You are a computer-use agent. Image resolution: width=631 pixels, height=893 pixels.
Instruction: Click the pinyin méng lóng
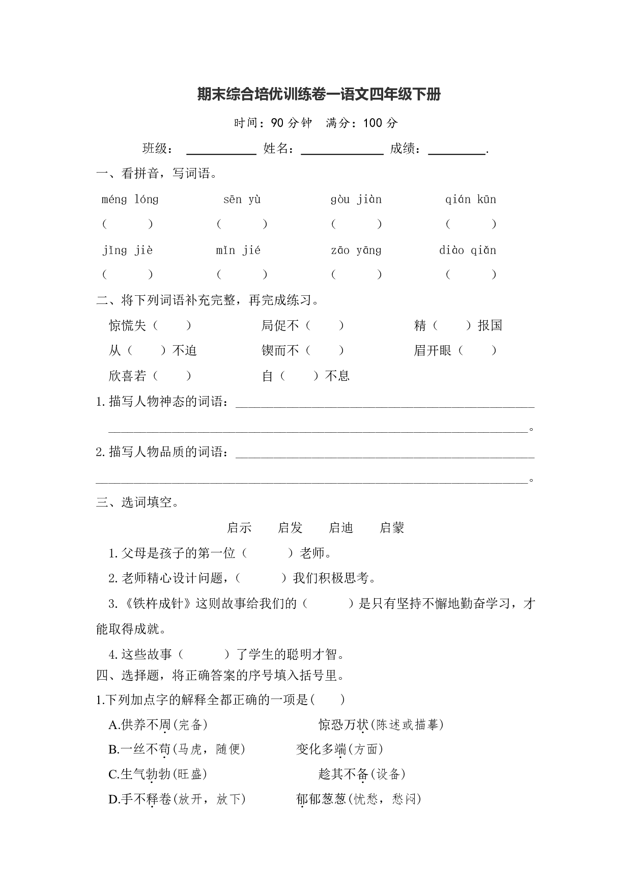(130, 199)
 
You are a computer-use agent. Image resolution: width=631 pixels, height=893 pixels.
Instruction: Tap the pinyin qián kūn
(471, 199)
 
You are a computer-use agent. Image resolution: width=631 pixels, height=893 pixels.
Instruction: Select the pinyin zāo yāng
(356, 250)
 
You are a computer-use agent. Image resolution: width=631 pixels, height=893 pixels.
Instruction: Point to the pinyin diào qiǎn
(468, 250)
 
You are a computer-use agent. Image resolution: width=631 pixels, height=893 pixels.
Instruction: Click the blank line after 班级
(221, 152)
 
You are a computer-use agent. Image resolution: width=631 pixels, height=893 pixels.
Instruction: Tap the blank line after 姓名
(342, 152)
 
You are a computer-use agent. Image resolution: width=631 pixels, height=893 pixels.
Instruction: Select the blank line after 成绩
(457, 152)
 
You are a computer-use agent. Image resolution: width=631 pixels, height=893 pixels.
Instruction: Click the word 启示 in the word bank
(239, 528)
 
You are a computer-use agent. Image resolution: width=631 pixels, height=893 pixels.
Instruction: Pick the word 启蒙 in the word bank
(392, 528)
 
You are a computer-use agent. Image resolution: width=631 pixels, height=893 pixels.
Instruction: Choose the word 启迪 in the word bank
(341, 528)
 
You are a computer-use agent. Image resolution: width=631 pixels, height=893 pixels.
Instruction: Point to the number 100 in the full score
(373, 123)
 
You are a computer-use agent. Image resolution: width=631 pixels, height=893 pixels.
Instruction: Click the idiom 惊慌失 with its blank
(150, 325)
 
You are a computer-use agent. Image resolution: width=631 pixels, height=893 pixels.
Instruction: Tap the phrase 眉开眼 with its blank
(455, 350)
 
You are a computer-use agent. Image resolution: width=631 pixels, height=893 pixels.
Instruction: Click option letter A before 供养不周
(113, 724)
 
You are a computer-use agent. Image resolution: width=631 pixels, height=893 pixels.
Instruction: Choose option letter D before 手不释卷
(113, 799)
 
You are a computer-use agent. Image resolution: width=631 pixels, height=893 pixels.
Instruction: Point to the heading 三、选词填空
(137, 503)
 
